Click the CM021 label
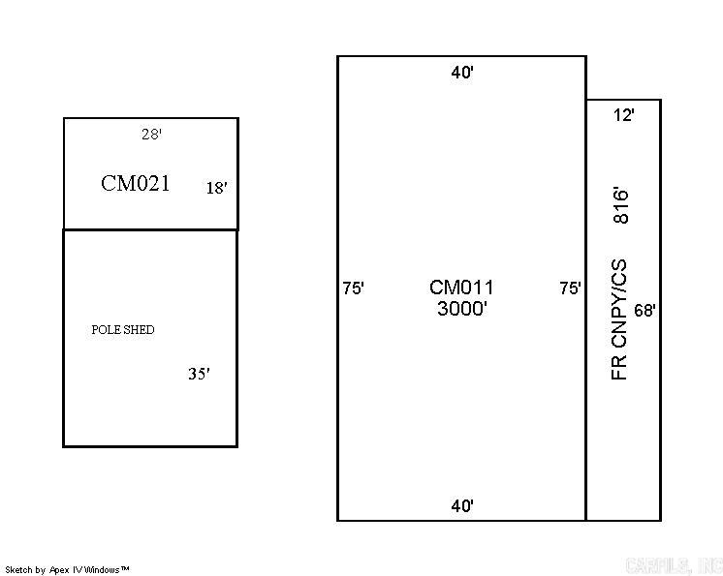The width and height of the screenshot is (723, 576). (x=135, y=183)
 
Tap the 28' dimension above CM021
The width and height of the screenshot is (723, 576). (x=151, y=135)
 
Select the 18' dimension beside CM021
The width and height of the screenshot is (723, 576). (x=216, y=188)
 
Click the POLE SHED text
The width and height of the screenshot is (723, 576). (x=123, y=330)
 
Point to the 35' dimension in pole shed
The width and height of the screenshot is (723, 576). (x=199, y=374)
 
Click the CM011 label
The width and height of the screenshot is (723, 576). (x=461, y=288)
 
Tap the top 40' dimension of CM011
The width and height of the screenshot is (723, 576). (x=461, y=74)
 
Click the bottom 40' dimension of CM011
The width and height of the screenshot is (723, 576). (x=461, y=505)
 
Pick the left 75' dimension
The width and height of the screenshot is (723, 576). (x=353, y=288)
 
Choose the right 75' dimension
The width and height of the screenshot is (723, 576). (x=571, y=288)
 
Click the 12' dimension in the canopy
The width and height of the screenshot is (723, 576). (x=624, y=115)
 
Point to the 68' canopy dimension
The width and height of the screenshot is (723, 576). (x=645, y=311)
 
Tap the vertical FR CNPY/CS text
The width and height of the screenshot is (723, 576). (x=620, y=319)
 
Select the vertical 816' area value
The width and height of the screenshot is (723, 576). (x=620, y=205)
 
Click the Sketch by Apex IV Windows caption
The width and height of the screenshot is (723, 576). (x=68, y=570)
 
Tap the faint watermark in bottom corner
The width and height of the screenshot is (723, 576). (x=675, y=565)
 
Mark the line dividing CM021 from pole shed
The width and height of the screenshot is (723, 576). (x=150, y=229)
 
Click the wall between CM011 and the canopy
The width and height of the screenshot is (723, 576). (x=586, y=310)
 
